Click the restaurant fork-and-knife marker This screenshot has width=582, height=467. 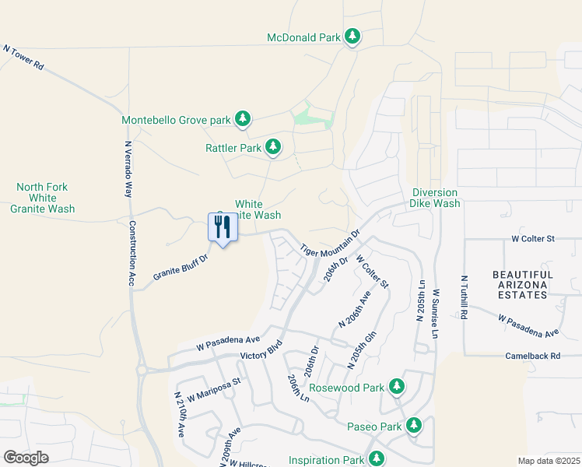[223, 227]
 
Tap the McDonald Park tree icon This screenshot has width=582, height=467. [352, 37]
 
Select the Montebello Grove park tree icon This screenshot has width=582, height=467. [243, 119]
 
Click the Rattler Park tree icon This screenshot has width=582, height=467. [272, 146]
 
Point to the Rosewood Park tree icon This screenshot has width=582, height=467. [397, 387]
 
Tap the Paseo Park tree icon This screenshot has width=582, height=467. [415, 425]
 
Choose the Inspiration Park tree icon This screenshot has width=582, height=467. [377, 459]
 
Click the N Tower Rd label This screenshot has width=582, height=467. [24, 58]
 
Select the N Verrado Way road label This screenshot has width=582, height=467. [129, 170]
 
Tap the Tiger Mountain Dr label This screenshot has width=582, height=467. [330, 242]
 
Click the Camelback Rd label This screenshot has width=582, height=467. [534, 356]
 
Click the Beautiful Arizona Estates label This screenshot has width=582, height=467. [522, 285]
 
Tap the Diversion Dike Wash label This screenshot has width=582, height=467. [435, 198]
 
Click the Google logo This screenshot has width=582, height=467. [26, 457]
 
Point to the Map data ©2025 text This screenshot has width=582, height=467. [548, 461]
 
